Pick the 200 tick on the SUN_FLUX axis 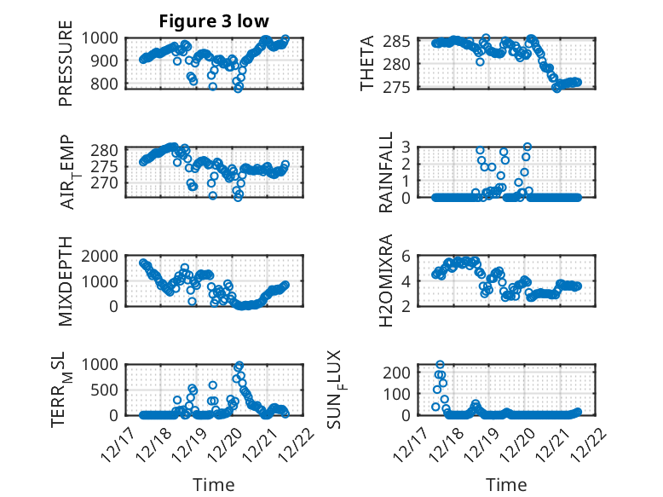point(407,373)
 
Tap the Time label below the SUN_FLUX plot point(506,484)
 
